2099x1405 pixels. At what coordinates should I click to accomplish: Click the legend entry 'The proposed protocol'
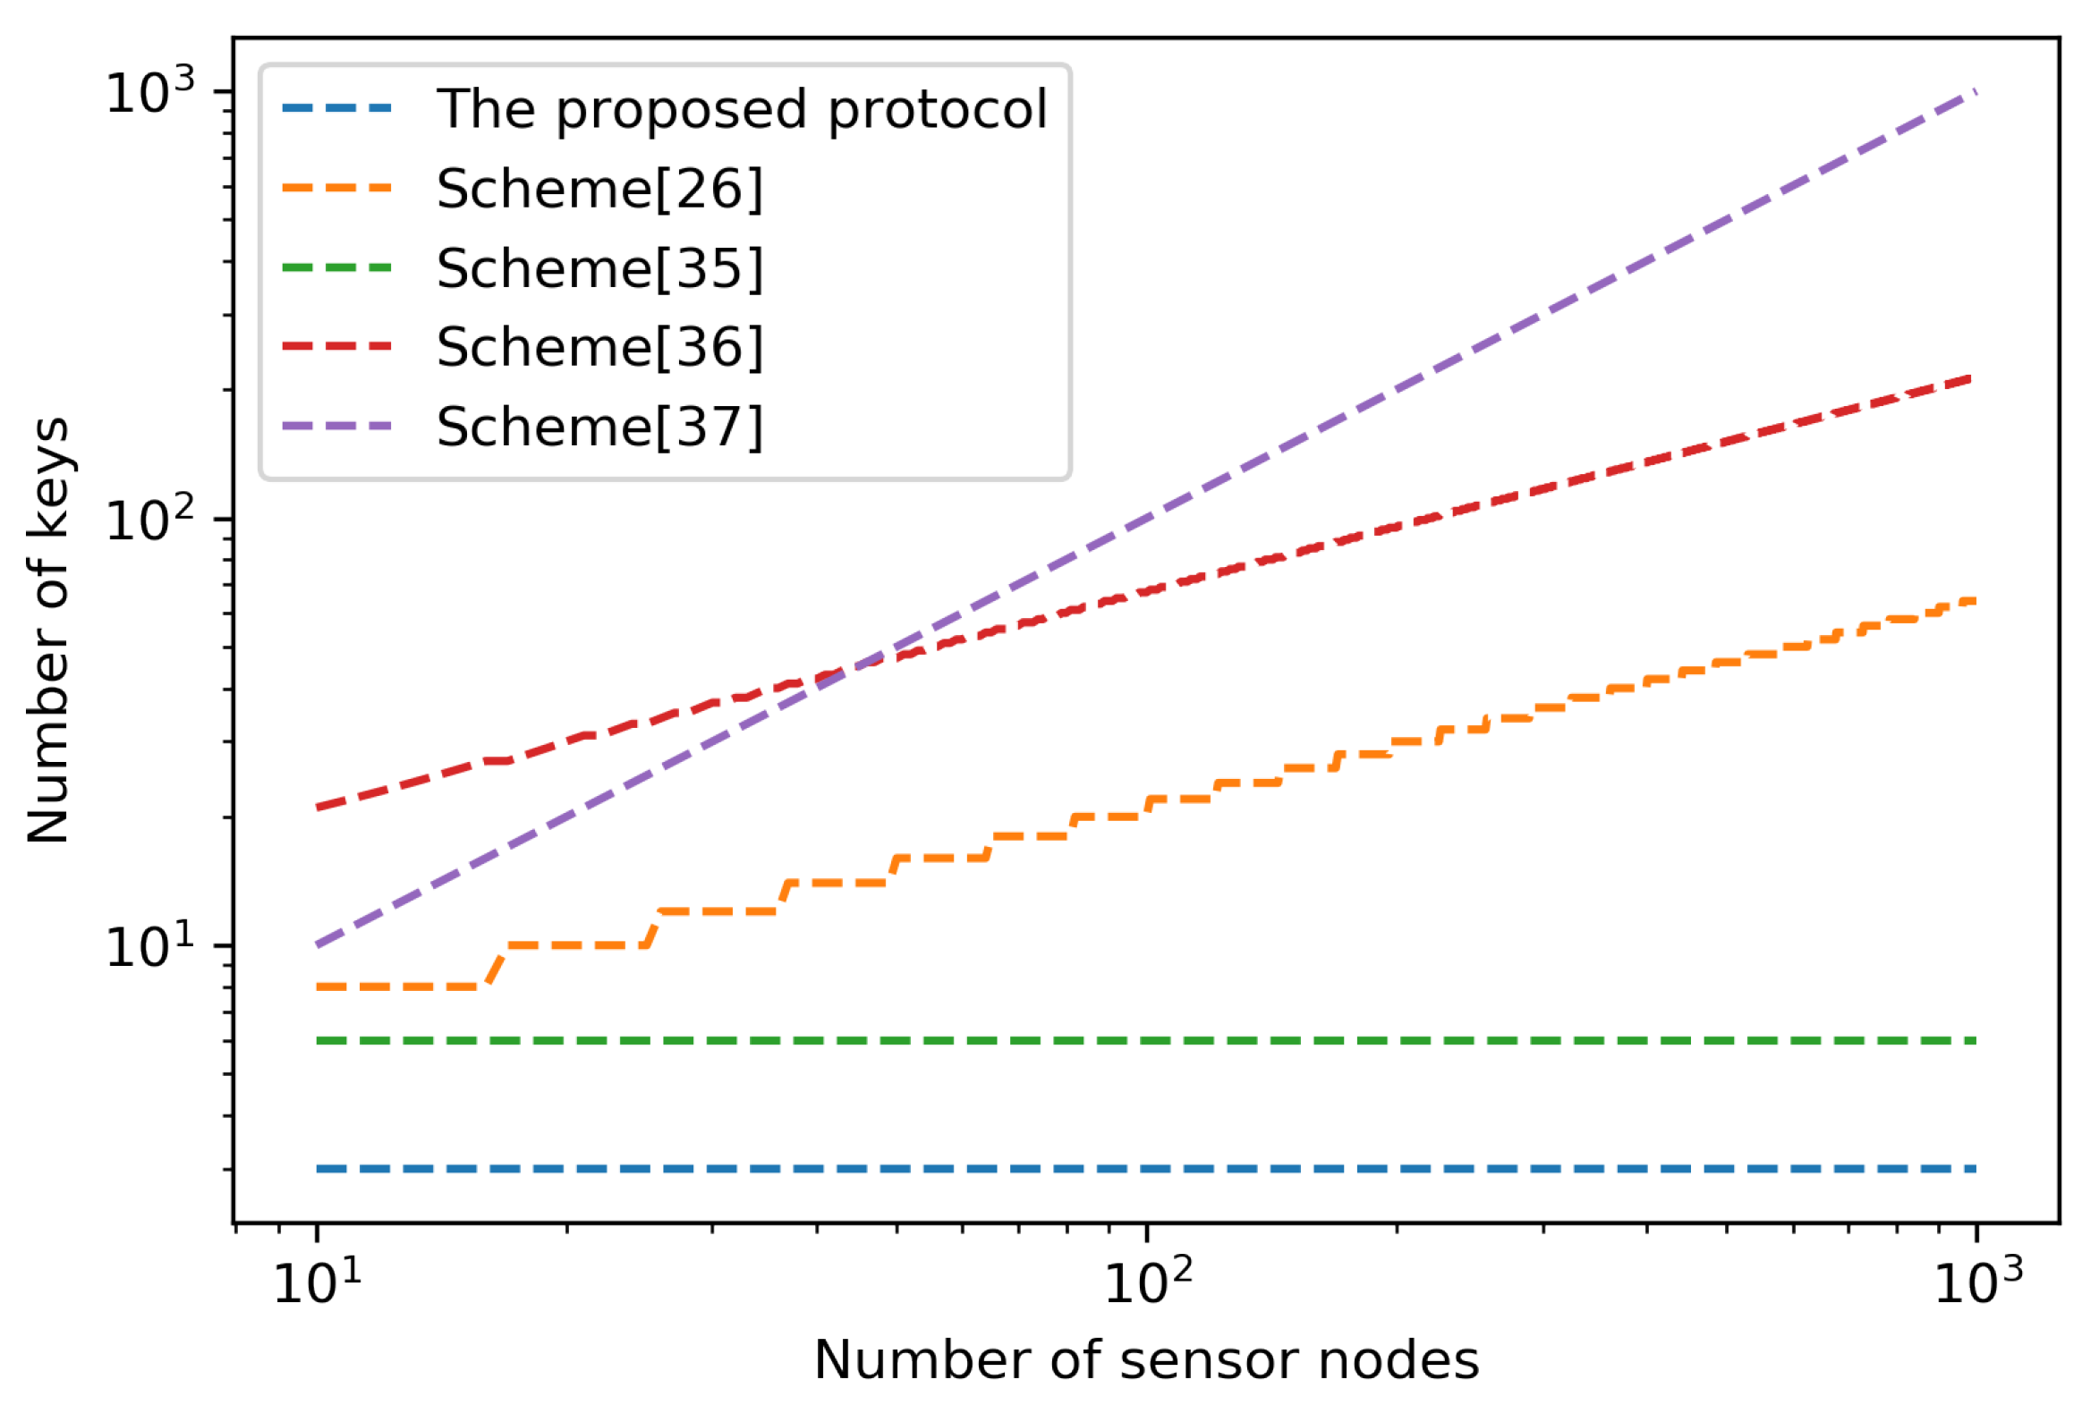pyautogui.click(x=741, y=109)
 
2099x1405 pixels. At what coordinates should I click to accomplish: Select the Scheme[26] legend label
pyautogui.click(x=599, y=189)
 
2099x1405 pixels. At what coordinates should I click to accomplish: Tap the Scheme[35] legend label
pyautogui.click(x=599, y=268)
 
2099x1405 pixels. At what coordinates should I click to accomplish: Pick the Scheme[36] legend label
pyautogui.click(x=599, y=347)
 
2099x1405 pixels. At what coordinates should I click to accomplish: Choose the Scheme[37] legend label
pyautogui.click(x=599, y=427)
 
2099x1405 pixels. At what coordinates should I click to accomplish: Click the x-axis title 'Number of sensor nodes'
pyautogui.click(x=1146, y=1360)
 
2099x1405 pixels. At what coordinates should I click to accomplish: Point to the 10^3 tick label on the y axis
pyautogui.click(x=149, y=91)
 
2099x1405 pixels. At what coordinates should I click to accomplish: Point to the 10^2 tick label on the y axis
pyautogui.click(x=149, y=519)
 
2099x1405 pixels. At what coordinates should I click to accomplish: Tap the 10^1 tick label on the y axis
pyautogui.click(x=149, y=946)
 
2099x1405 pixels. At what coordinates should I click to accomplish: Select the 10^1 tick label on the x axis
pyautogui.click(x=318, y=1283)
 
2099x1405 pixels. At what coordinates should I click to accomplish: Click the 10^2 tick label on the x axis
pyautogui.click(x=1147, y=1283)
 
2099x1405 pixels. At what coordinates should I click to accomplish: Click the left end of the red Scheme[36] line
pyautogui.click(x=319, y=808)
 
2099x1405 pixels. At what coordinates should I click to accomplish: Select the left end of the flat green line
pyautogui.click(x=319, y=1041)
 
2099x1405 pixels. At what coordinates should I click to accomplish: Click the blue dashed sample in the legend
pyautogui.click(x=337, y=109)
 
